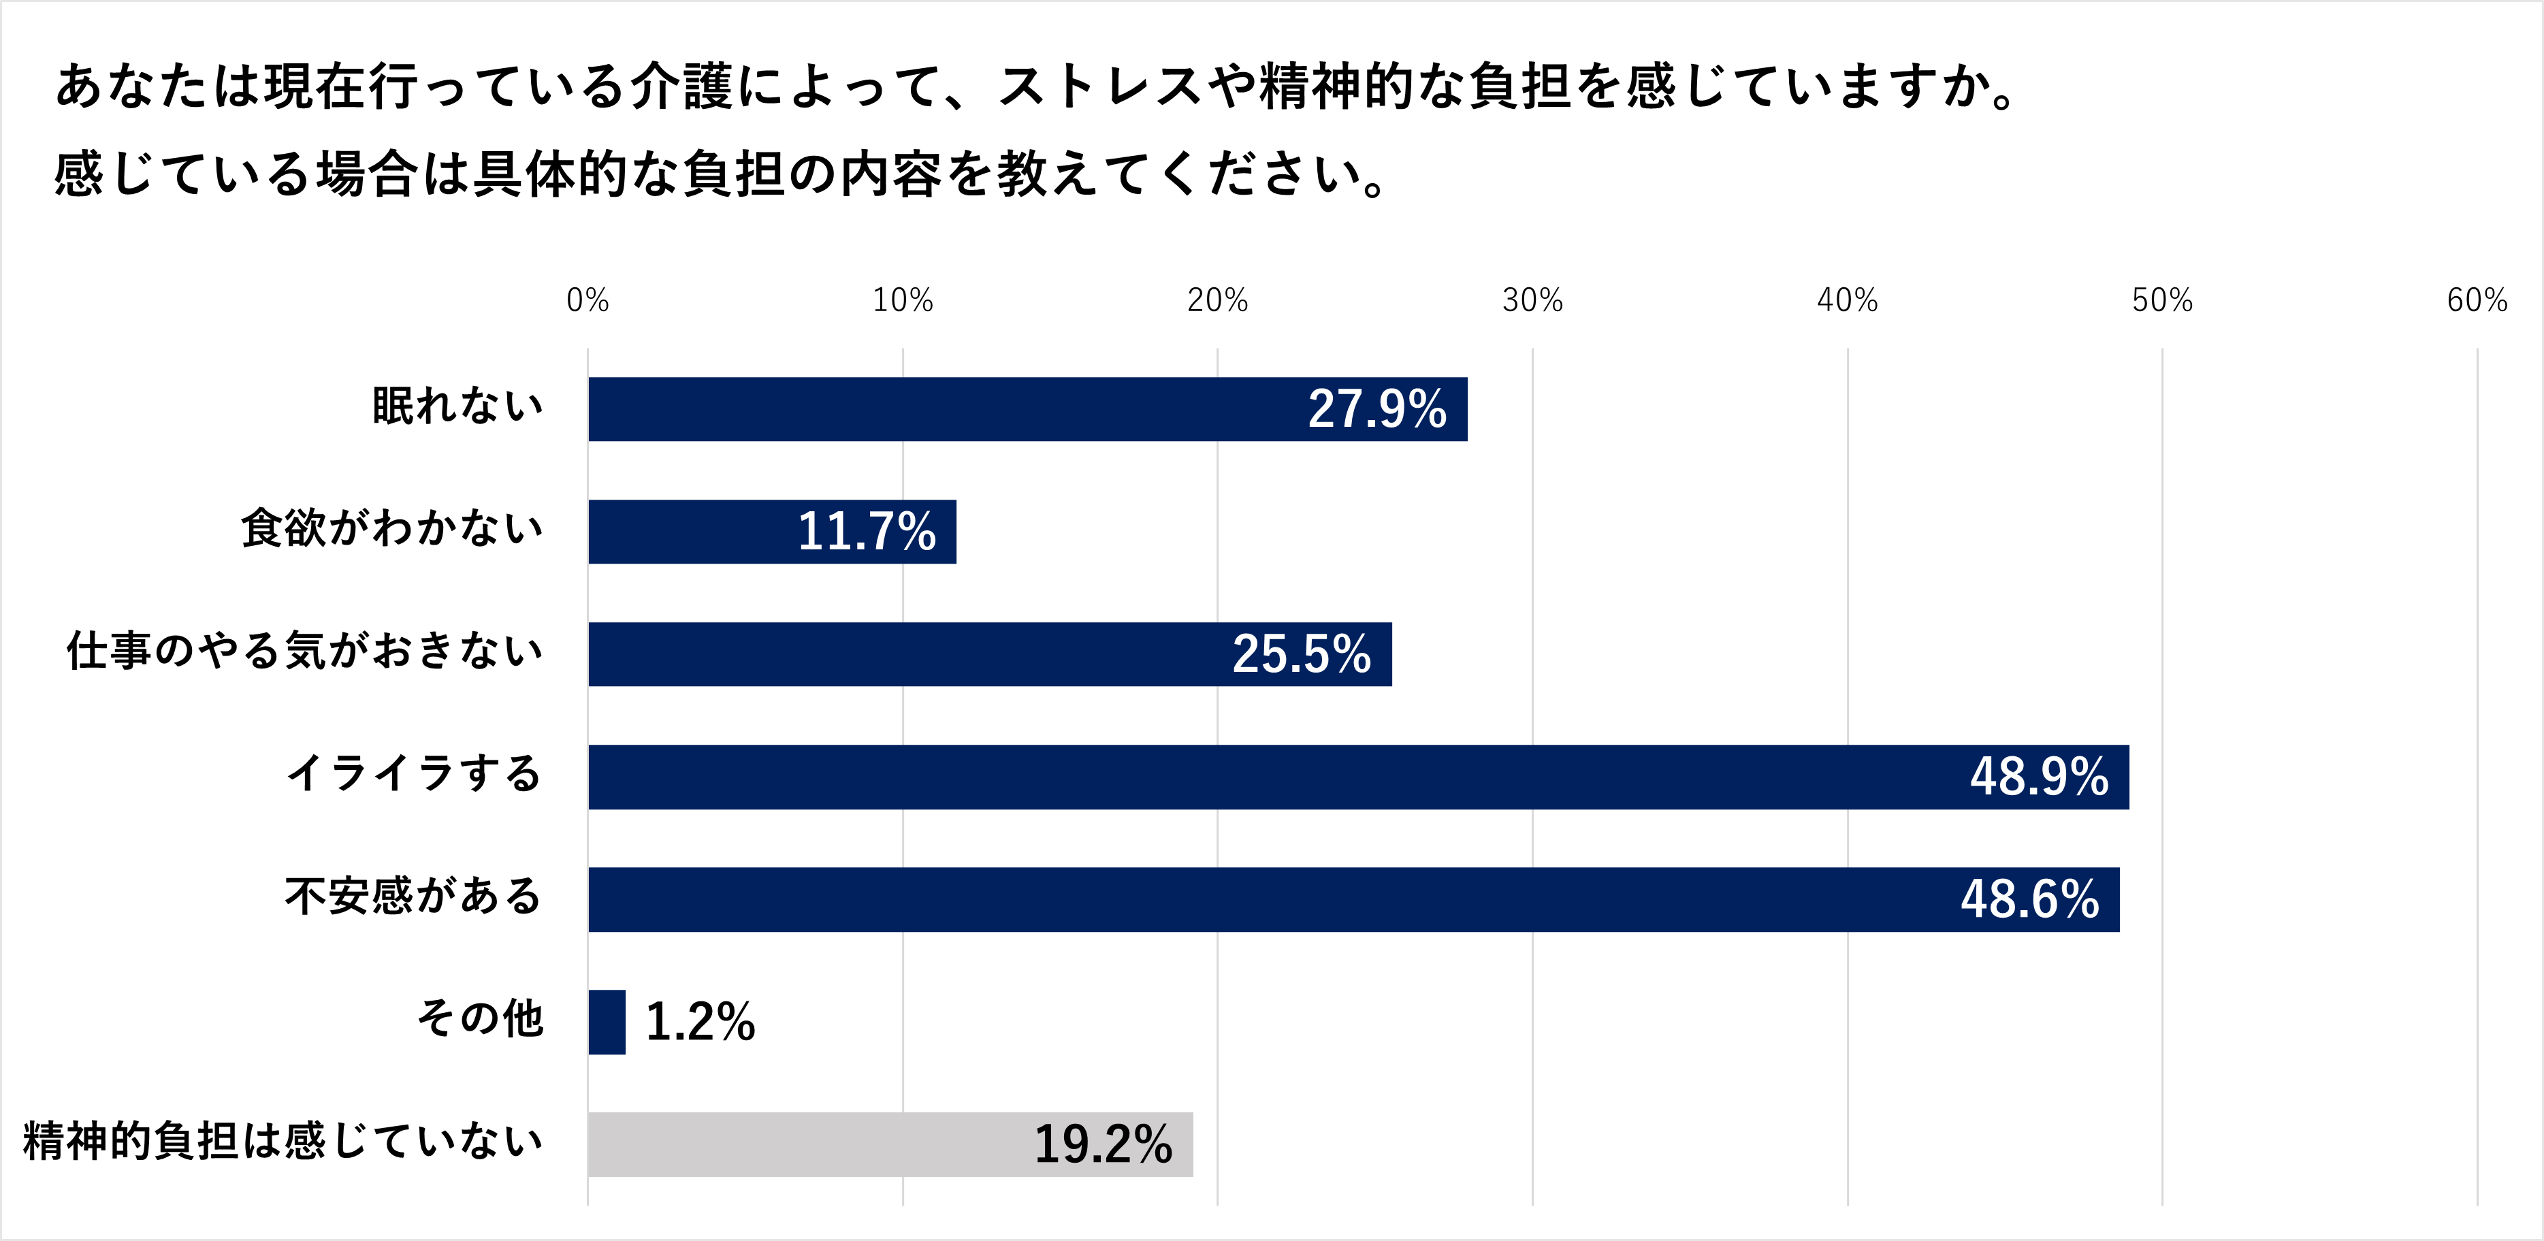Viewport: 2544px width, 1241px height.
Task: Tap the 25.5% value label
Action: point(1301,654)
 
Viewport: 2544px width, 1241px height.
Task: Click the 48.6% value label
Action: point(2029,899)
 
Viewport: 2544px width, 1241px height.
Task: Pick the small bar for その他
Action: point(607,1022)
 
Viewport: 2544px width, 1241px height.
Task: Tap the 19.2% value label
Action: point(1102,1144)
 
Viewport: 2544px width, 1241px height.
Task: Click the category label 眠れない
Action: point(457,406)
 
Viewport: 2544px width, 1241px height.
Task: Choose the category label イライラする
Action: point(414,773)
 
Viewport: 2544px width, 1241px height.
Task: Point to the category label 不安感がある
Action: point(413,895)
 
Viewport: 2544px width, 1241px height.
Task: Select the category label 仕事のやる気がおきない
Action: point(304,651)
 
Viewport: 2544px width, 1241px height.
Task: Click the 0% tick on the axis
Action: point(587,300)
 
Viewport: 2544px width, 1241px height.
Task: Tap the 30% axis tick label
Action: point(1532,300)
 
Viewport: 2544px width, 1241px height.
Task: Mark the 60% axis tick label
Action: point(2476,300)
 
